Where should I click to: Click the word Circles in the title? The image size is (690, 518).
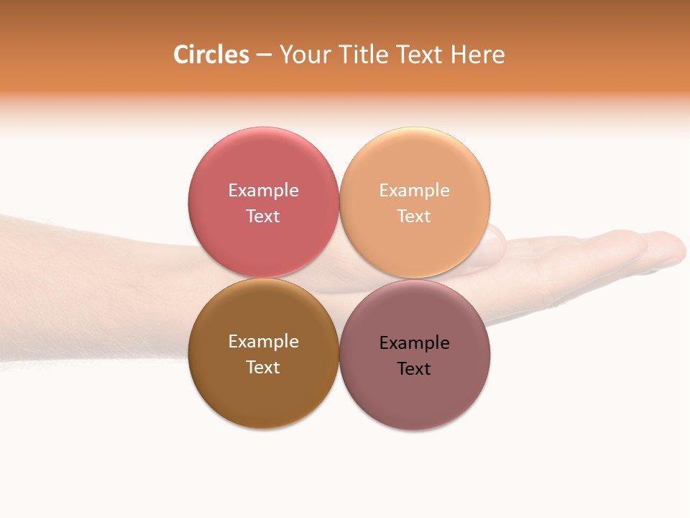(x=211, y=55)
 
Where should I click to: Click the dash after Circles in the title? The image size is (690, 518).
(x=264, y=55)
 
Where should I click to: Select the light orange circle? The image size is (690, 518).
(x=415, y=165)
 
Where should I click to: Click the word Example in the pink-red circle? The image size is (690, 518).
(x=263, y=191)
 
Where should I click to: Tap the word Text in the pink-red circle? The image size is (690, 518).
(x=263, y=216)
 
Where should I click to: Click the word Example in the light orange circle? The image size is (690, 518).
(x=414, y=191)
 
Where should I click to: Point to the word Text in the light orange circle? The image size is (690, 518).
(x=414, y=216)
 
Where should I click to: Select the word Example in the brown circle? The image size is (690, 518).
(x=263, y=342)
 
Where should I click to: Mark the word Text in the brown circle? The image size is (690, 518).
(x=263, y=367)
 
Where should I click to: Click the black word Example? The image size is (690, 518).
(x=414, y=343)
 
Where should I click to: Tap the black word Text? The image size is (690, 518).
(x=414, y=368)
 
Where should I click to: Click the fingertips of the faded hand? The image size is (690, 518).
(x=665, y=248)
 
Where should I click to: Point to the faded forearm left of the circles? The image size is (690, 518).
(x=93, y=288)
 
